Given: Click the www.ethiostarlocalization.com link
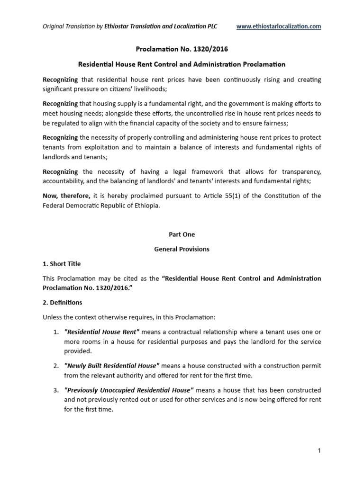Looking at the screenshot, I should click(x=279, y=27).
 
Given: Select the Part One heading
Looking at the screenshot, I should click(x=182, y=234).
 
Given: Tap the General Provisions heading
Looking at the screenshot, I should click(x=182, y=249).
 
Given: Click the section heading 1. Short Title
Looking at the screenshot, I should click(x=62, y=264).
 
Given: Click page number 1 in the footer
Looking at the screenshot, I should click(x=319, y=451).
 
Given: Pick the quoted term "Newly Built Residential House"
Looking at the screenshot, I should click(x=112, y=366).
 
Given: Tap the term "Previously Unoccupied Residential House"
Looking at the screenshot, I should click(x=128, y=390).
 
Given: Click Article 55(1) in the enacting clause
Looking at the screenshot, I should click(x=219, y=196).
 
